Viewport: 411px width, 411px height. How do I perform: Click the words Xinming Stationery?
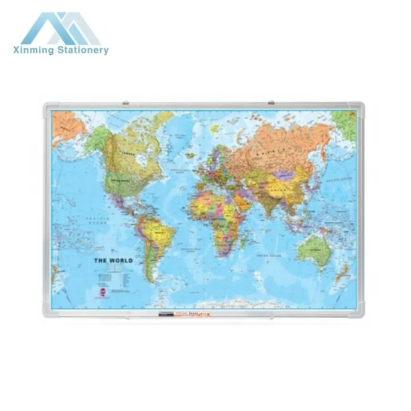tap(65, 50)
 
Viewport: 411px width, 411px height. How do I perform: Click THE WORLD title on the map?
tap(114, 260)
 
